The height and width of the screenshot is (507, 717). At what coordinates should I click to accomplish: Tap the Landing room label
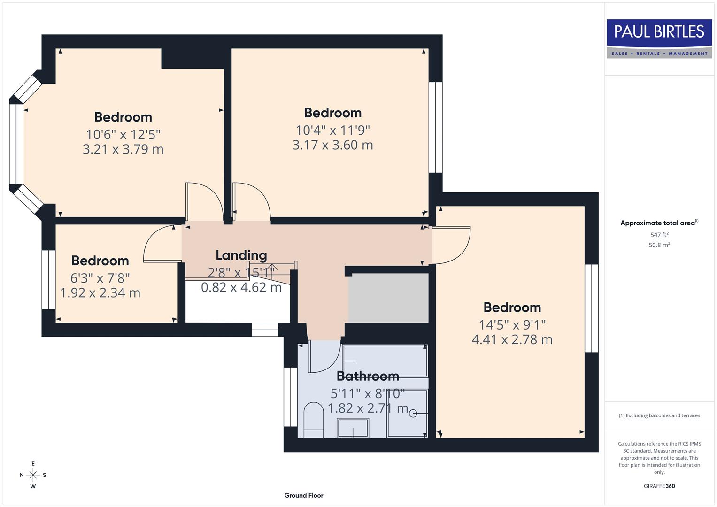[241, 255]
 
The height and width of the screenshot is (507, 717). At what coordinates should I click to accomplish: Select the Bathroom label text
[368, 376]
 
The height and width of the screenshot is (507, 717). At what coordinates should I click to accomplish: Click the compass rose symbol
[33, 475]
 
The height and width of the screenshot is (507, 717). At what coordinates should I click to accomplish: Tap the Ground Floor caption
[303, 495]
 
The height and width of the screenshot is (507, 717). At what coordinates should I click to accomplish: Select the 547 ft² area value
[659, 235]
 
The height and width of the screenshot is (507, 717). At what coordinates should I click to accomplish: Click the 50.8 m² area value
[659, 245]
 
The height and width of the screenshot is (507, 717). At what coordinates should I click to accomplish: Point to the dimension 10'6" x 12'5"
[123, 135]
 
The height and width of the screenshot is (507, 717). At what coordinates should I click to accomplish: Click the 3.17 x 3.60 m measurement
[332, 145]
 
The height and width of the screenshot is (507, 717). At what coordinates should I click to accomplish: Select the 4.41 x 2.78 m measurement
[512, 339]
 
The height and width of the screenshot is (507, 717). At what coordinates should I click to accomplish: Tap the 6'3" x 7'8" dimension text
[100, 278]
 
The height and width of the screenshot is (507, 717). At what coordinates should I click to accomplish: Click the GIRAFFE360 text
[659, 486]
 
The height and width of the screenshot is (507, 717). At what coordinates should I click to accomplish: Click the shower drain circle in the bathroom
[413, 413]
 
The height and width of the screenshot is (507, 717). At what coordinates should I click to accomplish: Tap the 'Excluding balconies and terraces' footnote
[659, 415]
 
